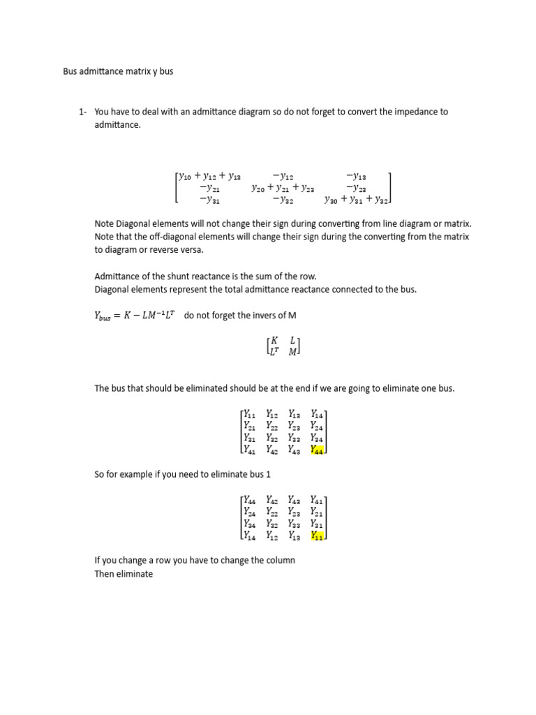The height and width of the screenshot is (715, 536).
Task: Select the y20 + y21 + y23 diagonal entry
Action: [x=283, y=188]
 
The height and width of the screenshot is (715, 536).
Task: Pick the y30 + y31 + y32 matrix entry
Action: [x=356, y=200]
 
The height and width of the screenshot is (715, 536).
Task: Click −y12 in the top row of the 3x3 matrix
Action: [x=283, y=176]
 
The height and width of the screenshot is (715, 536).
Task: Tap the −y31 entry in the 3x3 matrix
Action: [x=210, y=200]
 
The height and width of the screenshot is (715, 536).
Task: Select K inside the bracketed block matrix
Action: [x=265, y=340]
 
